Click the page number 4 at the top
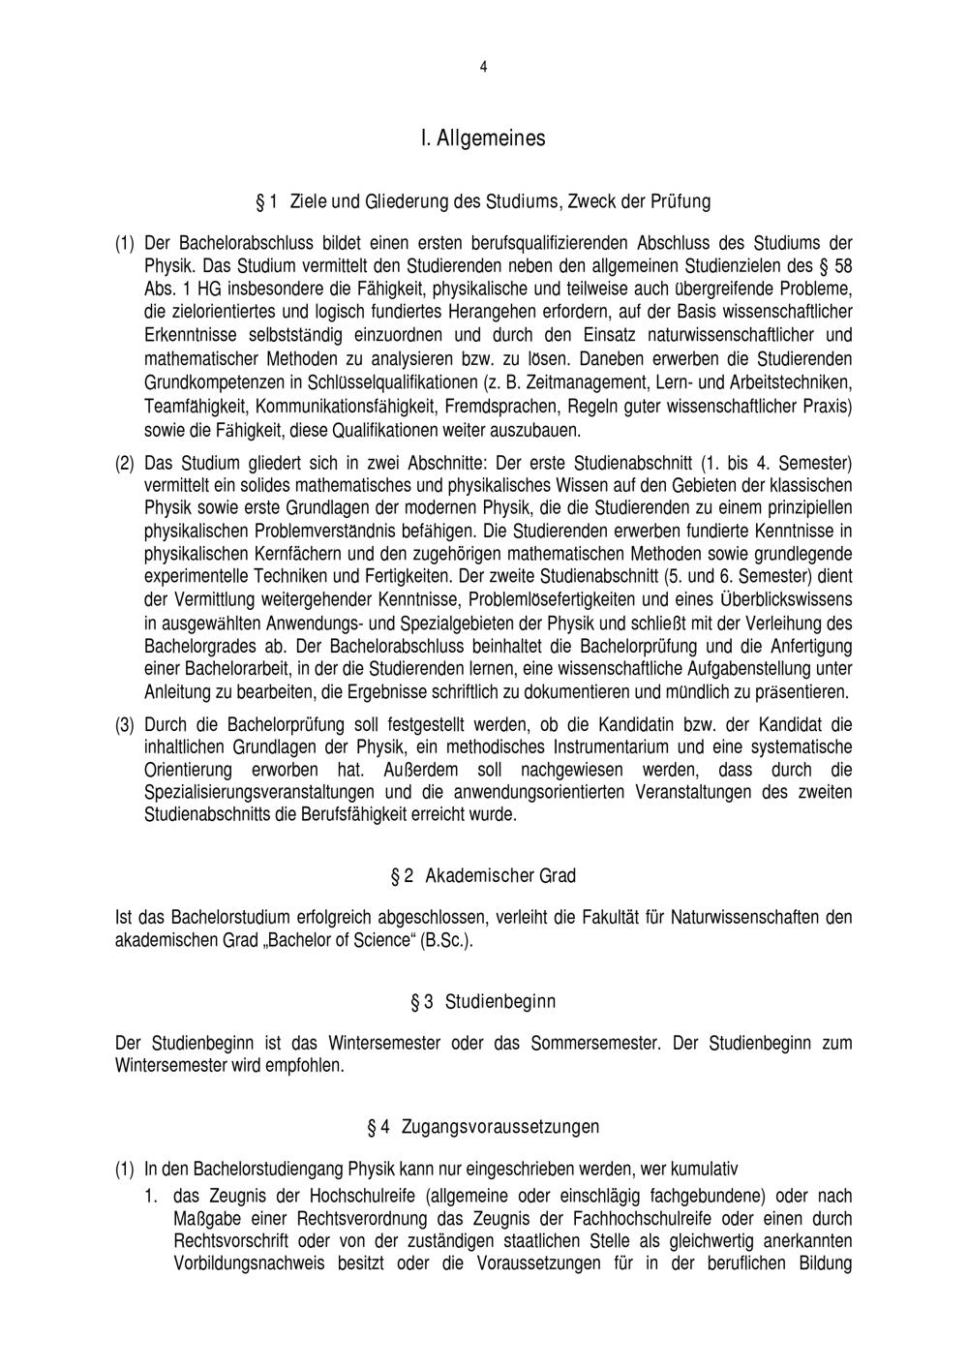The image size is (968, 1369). tap(483, 67)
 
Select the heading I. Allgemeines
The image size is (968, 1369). tap(483, 138)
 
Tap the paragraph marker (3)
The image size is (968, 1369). tap(125, 724)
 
